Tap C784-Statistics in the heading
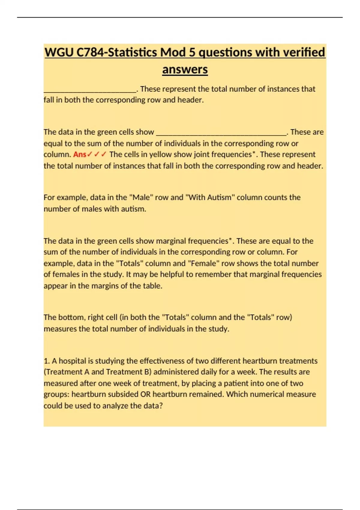[116, 52]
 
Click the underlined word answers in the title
[185, 70]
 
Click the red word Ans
[79, 154]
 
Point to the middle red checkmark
[97, 154]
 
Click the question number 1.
[46, 361]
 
